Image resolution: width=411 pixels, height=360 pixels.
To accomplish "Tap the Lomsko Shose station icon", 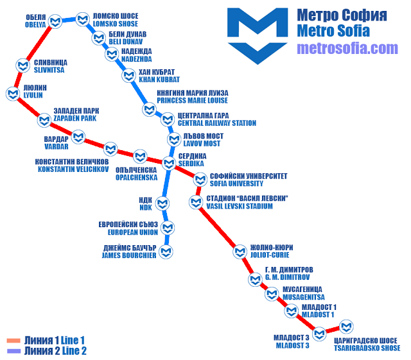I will pyautogui.click(x=82, y=19).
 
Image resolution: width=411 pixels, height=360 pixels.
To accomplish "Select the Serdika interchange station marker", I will pyautogui.click(x=168, y=162).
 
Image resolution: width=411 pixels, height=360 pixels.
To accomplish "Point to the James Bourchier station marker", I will pyautogui.click(x=167, y=251).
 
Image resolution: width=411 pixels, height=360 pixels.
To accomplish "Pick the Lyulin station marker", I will pyautogui.click(x=12, y=94).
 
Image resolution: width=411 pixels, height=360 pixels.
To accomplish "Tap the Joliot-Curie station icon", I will pyautogui.click(x=240, y=251).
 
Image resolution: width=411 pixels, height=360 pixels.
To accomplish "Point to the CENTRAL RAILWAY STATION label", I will pyautogui.click(x=216, y=123).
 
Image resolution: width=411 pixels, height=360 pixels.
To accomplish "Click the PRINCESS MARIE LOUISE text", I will pyautogui.click(x=193, y=100).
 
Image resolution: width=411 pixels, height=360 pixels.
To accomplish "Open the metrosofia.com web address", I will pyautogui.click(x=347, y=48).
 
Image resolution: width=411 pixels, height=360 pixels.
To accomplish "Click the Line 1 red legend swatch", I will pyautogui.click(x=13, y=340).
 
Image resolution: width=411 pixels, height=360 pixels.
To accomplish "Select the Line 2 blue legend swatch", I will pyautogui.click(x=13, y=350).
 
